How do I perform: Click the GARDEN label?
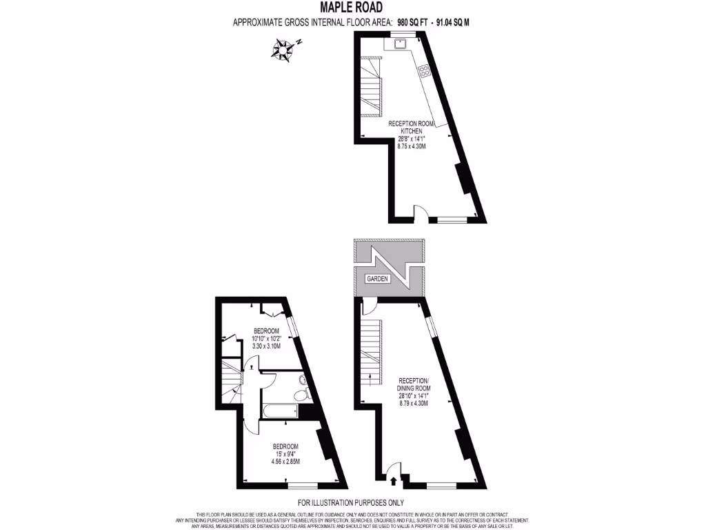point(378,279)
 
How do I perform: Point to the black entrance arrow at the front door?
point(394,482)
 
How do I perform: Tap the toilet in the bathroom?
point(301,394)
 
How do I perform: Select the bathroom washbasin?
point(303,377)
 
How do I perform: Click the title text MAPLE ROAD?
point(352,8)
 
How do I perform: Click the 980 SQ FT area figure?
point(414,22)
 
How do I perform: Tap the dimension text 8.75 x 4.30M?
point(415,146)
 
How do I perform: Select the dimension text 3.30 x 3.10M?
point(266,346)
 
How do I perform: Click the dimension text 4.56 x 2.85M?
point(285,461)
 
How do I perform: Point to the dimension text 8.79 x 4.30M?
point(414,403)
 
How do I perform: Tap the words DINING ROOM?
point(414,389)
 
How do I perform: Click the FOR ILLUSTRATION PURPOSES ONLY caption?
point(351,502)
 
